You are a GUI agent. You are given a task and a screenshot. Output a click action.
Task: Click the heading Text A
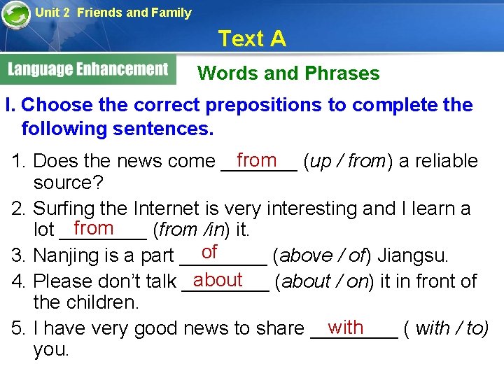252,38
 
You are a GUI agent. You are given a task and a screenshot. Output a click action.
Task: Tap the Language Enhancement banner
88,69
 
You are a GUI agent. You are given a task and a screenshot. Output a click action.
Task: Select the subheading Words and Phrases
288,73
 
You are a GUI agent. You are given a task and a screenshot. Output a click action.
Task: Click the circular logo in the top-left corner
15,14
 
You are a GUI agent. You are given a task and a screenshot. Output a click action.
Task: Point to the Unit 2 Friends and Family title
113,12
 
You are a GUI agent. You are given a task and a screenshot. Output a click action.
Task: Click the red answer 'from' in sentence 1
257,160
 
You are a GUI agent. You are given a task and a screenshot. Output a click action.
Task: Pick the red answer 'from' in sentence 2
93,228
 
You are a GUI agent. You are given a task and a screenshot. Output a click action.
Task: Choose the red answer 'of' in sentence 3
209,252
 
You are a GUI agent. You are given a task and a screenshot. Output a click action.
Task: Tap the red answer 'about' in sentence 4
218,279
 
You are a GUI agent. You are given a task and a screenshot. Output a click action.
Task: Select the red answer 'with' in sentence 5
346,327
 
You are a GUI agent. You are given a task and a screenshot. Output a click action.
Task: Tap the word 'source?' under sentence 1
69,183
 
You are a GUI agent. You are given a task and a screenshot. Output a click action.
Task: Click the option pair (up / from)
347,162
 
